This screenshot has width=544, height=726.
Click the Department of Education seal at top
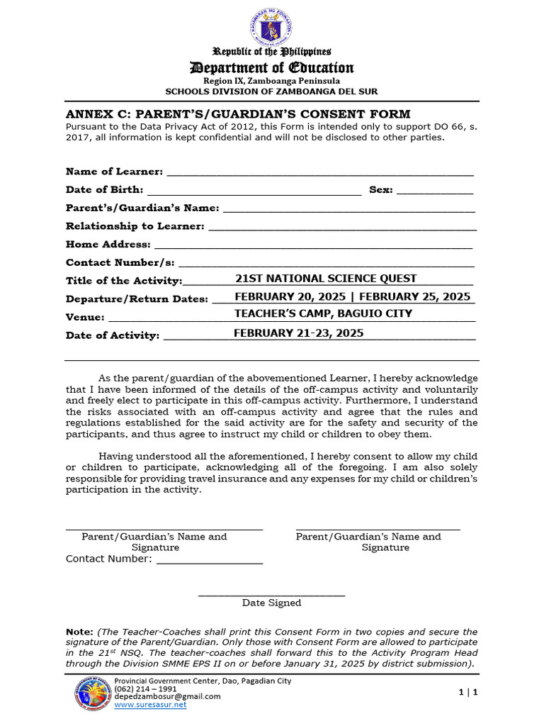coord(271,27)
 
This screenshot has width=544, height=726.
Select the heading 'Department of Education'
coord(271,68)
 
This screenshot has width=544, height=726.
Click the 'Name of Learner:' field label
coord(114,172)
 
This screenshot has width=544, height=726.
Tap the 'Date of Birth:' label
coord(104,190)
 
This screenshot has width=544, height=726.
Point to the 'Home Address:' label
coord(108,245)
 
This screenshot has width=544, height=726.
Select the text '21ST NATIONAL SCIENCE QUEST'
coord(325,279)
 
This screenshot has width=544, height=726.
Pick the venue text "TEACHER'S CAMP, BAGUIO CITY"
coord(323,314)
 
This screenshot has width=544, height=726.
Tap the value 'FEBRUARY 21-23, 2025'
coord(298,333)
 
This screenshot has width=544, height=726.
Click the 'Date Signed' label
coord(271,603)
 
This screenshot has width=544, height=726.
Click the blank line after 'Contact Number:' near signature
coord(209,560)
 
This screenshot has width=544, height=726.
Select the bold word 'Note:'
coord(79,632)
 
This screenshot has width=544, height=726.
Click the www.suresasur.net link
coord(150,705)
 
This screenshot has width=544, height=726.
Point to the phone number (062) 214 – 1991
coord(145,688)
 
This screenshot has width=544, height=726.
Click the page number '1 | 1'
coord(468,693)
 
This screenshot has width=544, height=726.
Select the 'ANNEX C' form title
coord(238,114)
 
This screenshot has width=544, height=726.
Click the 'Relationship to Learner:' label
coord(135,226)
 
